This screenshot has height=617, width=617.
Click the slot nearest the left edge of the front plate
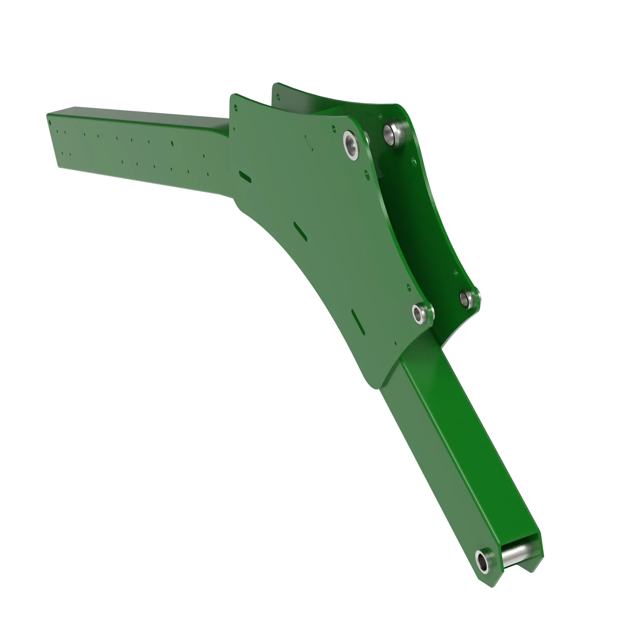[245, 176]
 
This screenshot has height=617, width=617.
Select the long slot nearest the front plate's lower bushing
[358, 320]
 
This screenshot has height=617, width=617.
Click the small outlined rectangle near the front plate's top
[309, 142]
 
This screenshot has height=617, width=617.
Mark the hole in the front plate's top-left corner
[236, 107]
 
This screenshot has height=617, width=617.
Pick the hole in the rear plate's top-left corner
[278, 95]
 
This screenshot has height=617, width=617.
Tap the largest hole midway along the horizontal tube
[172, 143]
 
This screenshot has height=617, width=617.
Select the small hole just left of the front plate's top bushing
[334, 129]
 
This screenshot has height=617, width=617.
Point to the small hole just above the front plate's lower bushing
[408, 287]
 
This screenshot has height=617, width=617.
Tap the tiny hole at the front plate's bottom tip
[396, 344]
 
